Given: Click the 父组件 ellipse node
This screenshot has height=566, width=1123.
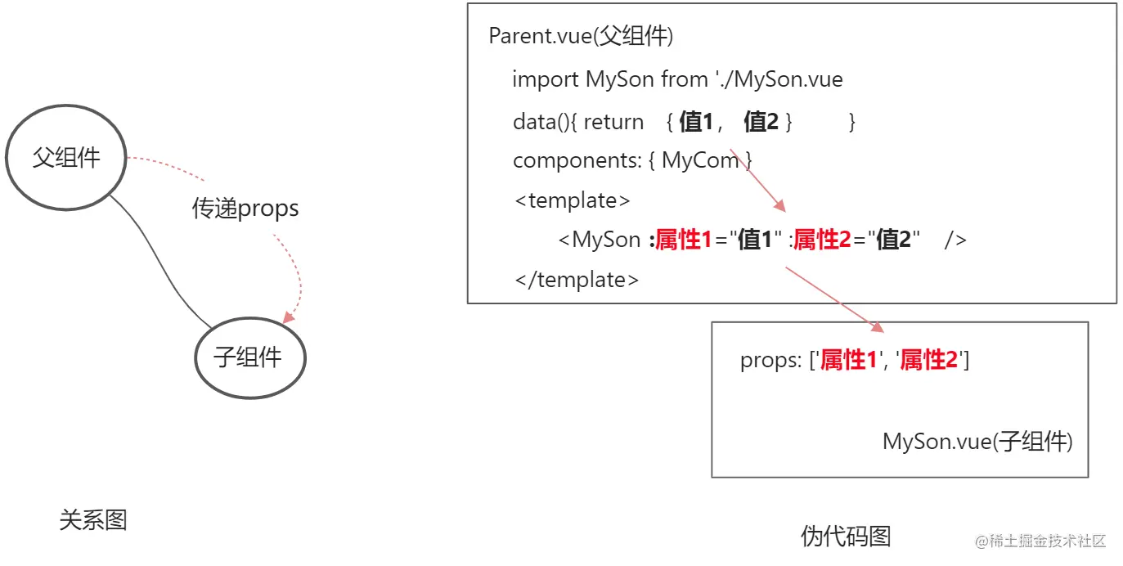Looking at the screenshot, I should click(66, 158).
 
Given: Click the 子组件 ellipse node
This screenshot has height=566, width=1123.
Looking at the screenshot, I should click(249, 358).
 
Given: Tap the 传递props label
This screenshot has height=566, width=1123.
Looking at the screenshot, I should click(245, 209).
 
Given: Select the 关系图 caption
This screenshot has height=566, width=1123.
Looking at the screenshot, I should click(93, 520).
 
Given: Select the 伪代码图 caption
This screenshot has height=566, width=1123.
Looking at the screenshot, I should click(846, 537).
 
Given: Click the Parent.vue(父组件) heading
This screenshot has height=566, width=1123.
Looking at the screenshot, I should click(580, 37).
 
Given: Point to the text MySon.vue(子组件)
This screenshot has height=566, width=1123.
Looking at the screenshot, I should click(977, 442).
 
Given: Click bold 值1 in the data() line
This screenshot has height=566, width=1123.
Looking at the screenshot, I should click(696, 123).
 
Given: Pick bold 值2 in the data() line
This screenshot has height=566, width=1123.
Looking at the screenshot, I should click(761, 123).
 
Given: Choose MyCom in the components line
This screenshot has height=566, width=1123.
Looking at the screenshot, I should click(700, 161).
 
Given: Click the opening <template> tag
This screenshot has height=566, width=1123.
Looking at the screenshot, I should click(573, 200).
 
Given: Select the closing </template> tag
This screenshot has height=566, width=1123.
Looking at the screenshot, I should click(577, 280).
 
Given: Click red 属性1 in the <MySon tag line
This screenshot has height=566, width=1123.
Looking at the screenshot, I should click(684, 240).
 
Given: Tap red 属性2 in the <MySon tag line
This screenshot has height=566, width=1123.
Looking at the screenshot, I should click(821, 240).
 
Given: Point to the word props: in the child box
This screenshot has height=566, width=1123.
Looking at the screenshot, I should click(770, 361).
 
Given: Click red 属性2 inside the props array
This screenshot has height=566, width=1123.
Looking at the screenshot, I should click(928, 361).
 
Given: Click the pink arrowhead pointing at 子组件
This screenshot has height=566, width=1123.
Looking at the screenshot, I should click(288, 317).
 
